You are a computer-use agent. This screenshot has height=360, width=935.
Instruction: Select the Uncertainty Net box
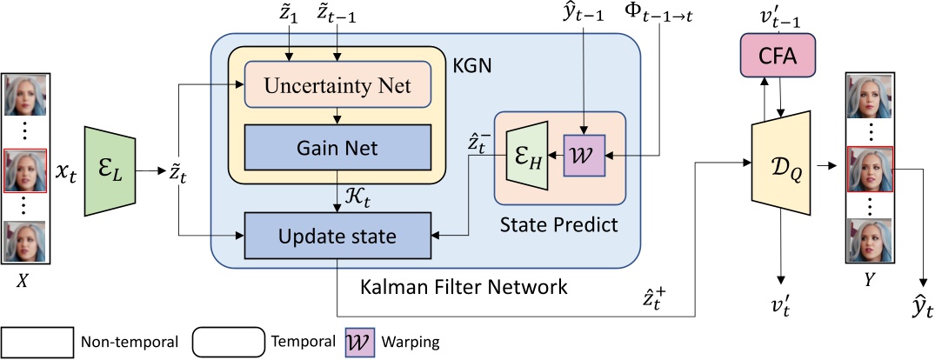[x=338, y=84]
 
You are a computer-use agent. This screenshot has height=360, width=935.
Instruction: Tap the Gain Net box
[x=338, y=149]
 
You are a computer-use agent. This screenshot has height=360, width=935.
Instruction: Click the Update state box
[x=338, y=235]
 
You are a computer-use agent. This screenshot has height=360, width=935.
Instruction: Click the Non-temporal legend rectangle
[x=39, y=341]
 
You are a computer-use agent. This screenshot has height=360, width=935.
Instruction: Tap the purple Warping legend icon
[x=360, y=341]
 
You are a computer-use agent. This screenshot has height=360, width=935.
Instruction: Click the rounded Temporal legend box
[x=229, y=341]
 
